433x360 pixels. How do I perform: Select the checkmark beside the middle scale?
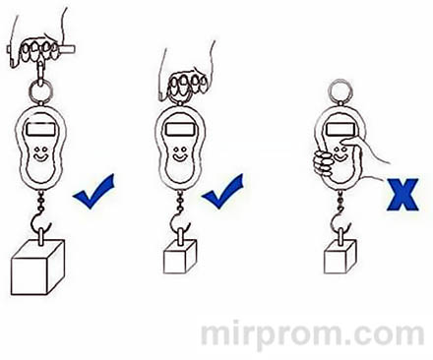(227, 190)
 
